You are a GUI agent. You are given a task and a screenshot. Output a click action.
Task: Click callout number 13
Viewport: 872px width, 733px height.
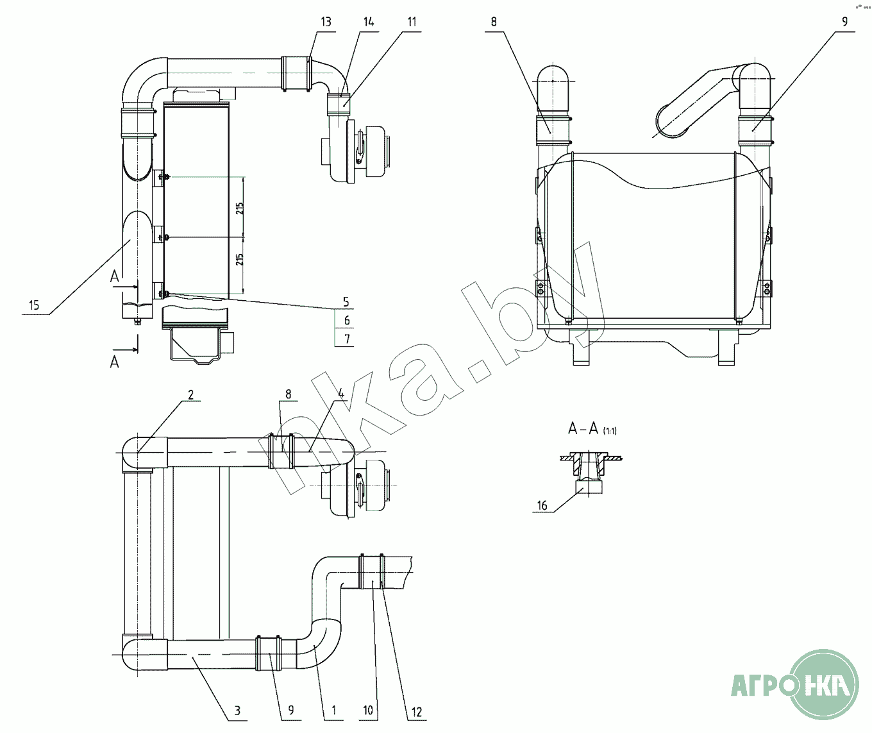click(x=326, y=22)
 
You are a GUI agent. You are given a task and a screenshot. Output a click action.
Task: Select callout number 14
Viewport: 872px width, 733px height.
click(x=368, y=22)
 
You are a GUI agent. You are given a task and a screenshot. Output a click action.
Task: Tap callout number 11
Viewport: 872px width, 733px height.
click(x=412, y=22)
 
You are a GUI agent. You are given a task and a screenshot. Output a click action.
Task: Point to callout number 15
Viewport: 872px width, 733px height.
click(x=34, y=305)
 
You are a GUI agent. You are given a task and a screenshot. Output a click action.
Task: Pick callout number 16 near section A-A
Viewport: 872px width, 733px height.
click(x=542, y=506)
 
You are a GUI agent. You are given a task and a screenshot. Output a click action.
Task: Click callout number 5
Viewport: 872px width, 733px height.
click(x=346, y=301)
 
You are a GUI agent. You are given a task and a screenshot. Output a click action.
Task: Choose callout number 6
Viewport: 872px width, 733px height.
click(x=347, y=321)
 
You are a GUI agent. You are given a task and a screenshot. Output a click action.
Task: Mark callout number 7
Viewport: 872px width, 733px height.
click(x=347, y=339)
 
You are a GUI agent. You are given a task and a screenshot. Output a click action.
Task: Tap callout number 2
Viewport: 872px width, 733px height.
click(x=191, y=394)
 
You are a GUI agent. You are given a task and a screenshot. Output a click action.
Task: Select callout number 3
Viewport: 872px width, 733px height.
click(x=237, y=710)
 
